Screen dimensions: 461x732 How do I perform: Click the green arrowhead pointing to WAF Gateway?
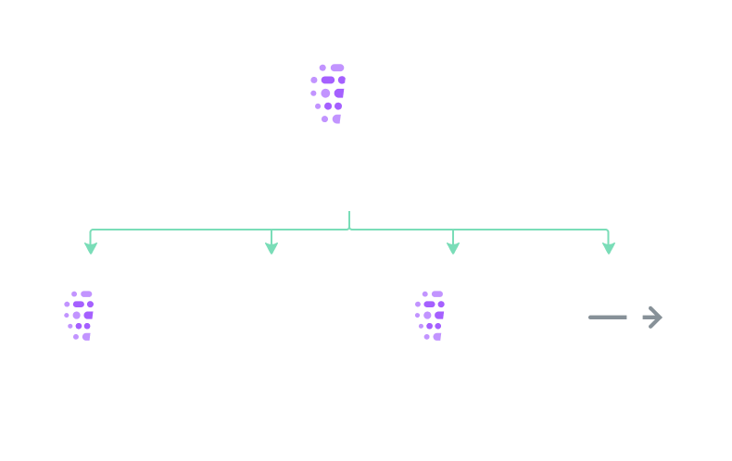(x=90, y=247)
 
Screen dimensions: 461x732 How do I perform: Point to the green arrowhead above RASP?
(x=271, y=247)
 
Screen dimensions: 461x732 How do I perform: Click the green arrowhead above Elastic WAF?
(x=453, y=247)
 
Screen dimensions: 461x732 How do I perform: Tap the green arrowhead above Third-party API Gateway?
(x=609, y=247)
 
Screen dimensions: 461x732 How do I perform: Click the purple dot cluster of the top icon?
(x=329, y=93)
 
